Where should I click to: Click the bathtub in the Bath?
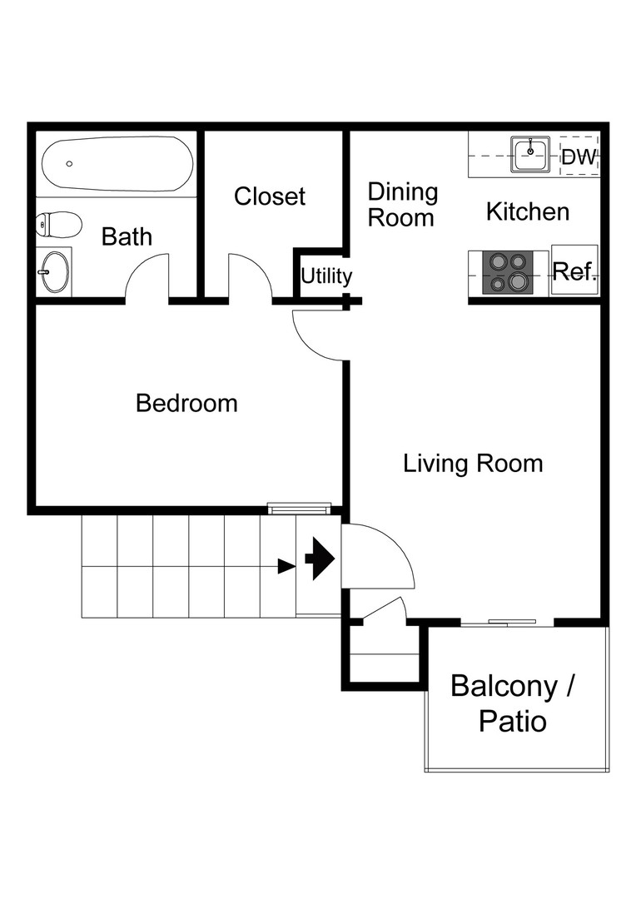(117, 164)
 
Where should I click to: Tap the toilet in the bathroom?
(58, 224)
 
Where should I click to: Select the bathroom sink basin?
(56, 271)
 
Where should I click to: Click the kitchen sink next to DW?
(529, 154)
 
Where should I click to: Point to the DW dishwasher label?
(579, 157)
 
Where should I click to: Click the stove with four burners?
(509, 272)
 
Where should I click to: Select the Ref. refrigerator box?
(574, 271)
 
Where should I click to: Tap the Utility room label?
(325, 276)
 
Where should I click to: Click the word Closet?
(270, 196)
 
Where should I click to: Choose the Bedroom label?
(186, 404)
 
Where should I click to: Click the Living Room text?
(473, 463)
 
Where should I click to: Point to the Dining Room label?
(403, 205)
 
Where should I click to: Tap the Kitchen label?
(528, 211)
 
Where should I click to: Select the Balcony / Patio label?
(513, 703)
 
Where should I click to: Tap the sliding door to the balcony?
(508, 622)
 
